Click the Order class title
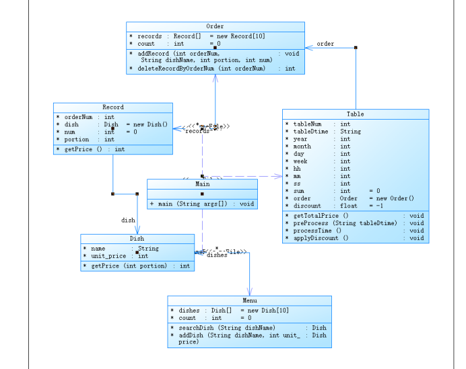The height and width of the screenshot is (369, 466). coord(215,26)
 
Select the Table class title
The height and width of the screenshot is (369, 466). coord(355,114)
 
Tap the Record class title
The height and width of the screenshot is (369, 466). coord(112,108)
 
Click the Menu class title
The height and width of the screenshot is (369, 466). coord(249,300)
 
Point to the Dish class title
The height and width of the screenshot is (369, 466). coord(137,239)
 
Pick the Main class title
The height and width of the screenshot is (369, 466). coord(202,183)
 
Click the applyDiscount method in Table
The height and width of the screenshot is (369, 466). coord(321,238)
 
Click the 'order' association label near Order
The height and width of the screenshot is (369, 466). coord(325,44)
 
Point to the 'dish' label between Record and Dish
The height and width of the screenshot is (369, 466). coord(128,220)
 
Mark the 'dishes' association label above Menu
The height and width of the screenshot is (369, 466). coord(217,255)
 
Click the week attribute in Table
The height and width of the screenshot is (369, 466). coord(302,161)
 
